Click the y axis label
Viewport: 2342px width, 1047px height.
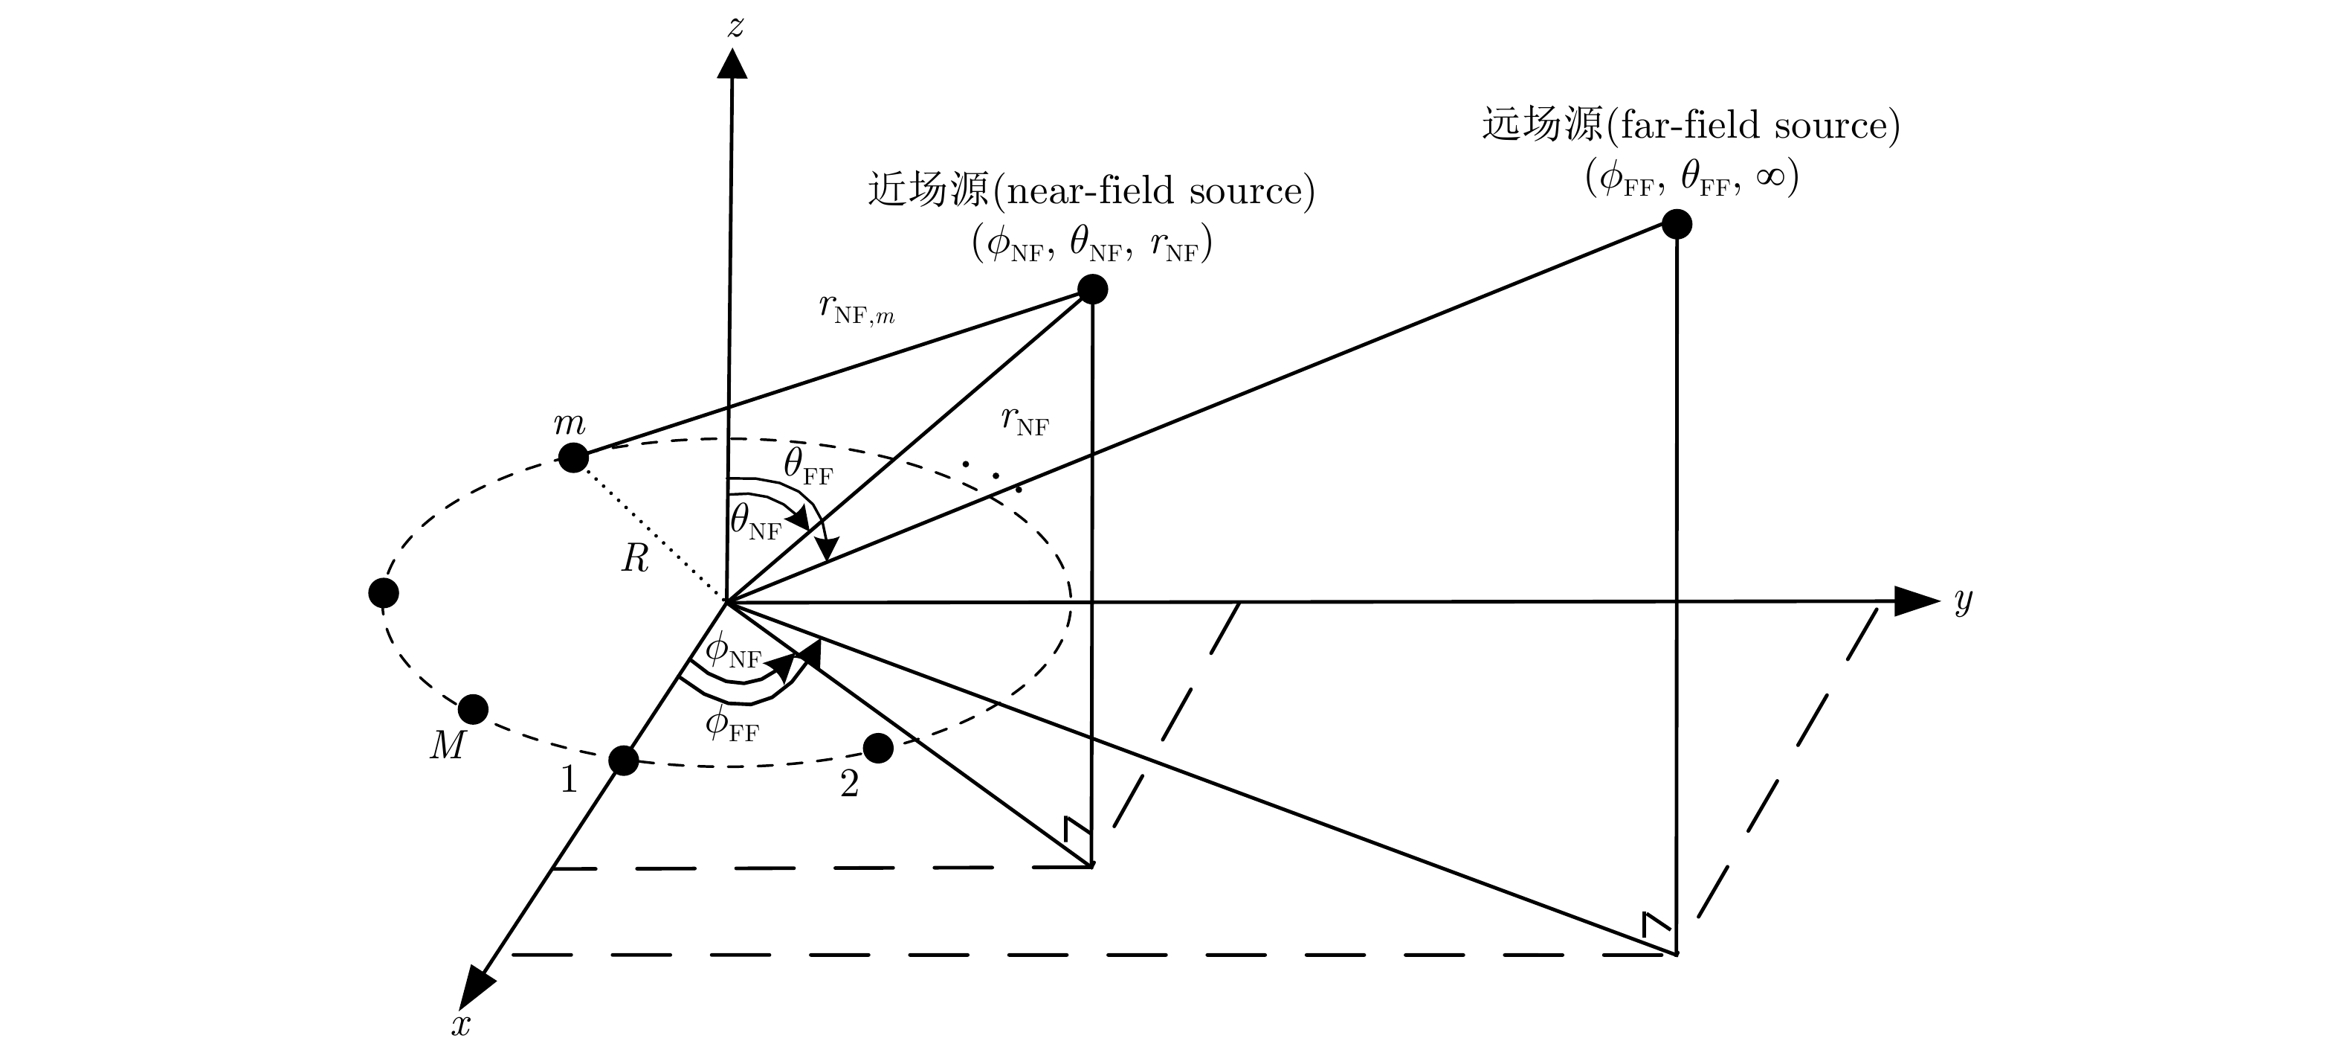(1963, 601)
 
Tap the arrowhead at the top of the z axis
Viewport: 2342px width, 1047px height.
(732, 64)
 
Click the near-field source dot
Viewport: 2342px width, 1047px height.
(1092, 289)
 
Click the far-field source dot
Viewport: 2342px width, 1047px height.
(1677, 224)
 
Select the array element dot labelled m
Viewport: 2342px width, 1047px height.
(572, 458)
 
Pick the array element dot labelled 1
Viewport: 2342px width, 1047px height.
(623, 761)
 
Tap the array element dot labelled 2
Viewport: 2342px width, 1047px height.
(877, 749)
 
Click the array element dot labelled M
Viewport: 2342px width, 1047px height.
(473, 708)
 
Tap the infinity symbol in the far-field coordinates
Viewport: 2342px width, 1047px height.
(1770, 176)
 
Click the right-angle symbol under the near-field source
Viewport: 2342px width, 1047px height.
(1077, 830)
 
